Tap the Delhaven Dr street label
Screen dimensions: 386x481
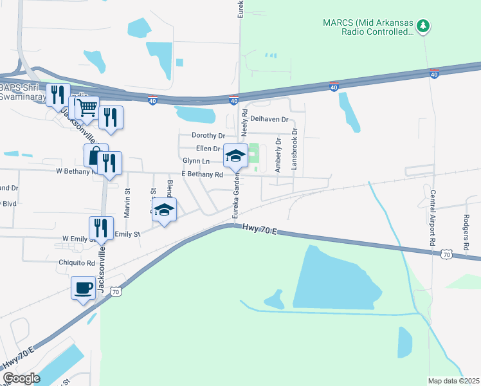[269, 120]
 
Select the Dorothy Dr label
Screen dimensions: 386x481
[208, 136]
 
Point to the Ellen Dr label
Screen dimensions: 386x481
[208, 149]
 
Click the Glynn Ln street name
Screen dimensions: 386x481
[196, 161]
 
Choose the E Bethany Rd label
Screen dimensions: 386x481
[202, 174]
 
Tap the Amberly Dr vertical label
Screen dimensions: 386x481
[278, 154]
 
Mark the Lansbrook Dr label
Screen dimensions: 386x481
[295, 148]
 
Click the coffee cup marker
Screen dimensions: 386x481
[84, 288]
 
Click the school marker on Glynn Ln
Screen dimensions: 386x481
[235, 156]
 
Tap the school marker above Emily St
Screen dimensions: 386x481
[165, 210]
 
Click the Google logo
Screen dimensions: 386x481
[21, 379]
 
